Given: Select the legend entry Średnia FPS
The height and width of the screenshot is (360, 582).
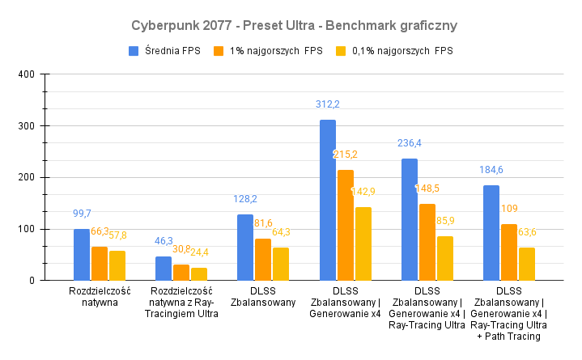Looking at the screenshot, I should [166, 51].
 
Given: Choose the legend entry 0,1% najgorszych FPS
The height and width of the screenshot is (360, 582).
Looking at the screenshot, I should [394, 51].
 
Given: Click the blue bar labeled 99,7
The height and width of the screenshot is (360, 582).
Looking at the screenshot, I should [82, 255].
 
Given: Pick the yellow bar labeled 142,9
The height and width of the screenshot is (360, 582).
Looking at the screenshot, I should [363, 244].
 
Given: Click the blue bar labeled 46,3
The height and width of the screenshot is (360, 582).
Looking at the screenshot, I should [164, 269].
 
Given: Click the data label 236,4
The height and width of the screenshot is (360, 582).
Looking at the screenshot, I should [410, 143].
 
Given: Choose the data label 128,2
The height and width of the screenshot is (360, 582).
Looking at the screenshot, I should [245, 199].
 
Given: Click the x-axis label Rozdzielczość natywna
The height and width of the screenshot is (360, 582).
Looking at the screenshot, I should [100, 297].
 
